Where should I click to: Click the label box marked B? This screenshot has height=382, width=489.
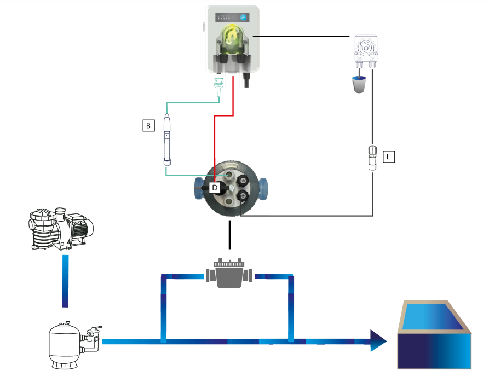(148, 125)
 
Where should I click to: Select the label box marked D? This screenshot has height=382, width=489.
(215, 188)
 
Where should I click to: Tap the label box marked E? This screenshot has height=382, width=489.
(389, 157)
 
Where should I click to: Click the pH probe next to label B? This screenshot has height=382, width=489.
(167, 139)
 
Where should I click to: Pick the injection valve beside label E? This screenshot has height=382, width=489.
(372, 158)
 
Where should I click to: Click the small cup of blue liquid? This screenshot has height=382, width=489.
(359, 84)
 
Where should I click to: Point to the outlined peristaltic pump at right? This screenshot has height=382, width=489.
(366, 51)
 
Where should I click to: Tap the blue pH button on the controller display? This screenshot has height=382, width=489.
(243, 18)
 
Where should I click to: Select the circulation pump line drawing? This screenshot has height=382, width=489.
(61, 229)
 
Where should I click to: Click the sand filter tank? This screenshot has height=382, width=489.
(64, 345)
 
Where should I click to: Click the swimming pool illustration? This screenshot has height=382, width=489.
(434, 335)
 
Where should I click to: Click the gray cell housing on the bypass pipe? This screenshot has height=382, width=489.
(229, 273)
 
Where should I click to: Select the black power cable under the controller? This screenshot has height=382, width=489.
(246, 80)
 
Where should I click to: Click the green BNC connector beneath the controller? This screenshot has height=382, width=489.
(218, 86)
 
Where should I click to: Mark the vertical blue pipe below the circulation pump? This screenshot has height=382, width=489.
(65, 281)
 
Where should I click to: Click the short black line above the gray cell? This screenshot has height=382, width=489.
(230, 235)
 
